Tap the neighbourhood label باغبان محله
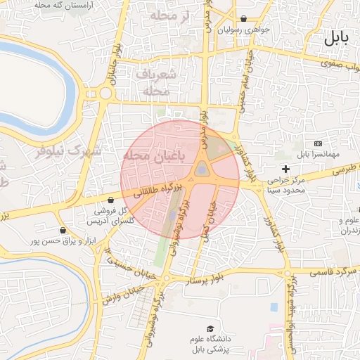click(x=152, y=156)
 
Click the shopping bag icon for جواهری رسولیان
click(x=243, y=19)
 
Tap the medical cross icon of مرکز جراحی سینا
click(x=285, y=169)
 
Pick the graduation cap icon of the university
click(x=210, y=328)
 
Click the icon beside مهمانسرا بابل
click(x=318, y=143)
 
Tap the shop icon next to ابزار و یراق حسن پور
click(x=63, y=230)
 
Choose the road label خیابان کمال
click(x=209, y=217)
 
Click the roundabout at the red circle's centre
click(x=202, y=169)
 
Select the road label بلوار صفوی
click(x=339, y=64)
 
